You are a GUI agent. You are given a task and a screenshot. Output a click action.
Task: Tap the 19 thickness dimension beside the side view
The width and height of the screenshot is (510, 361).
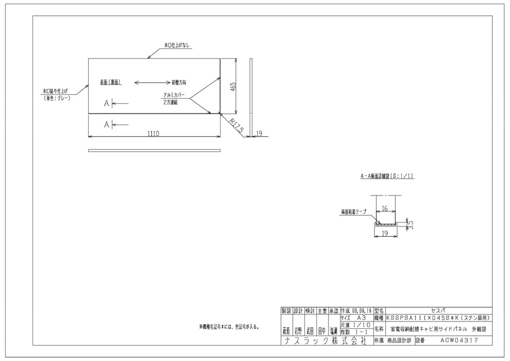coord(259,134)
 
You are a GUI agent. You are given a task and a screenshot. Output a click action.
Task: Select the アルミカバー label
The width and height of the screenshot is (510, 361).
coord(173,95)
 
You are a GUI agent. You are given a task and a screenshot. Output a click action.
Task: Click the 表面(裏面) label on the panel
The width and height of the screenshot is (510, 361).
coord(110,82)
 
